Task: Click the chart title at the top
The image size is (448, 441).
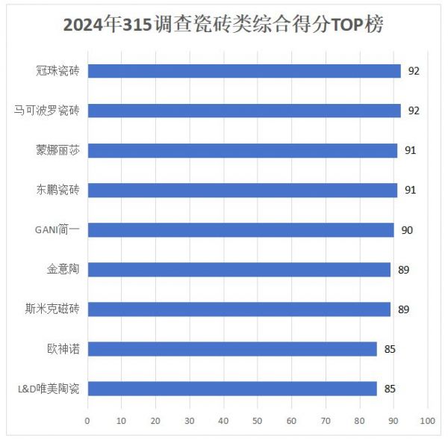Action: [223, 25]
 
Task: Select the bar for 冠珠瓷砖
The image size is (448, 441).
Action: [244, 71]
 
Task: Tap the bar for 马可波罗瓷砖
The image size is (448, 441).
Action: [244, 111]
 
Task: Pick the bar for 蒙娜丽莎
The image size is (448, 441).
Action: [243, 150]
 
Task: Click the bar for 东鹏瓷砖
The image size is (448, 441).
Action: [243, 190]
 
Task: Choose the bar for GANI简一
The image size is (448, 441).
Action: [240, 229]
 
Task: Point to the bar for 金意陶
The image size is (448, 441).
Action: [239, 269]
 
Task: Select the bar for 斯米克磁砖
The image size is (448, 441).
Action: [239, 309]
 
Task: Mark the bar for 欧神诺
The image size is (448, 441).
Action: [232, 348]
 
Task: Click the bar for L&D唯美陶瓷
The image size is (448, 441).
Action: [232, 388]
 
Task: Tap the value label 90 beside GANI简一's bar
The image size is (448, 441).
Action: [407, 229]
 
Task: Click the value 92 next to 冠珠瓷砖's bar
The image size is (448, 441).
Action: [414, 71]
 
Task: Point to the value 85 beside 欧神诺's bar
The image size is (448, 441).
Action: [389, 348]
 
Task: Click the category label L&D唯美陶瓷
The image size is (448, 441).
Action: [49, 389]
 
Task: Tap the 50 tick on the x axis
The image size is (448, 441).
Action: [258, 421]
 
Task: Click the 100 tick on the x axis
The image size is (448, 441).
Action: [427, 421]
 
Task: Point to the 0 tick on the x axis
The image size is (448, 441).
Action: [87, 421]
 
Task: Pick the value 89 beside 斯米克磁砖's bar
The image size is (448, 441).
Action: [403, 309]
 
